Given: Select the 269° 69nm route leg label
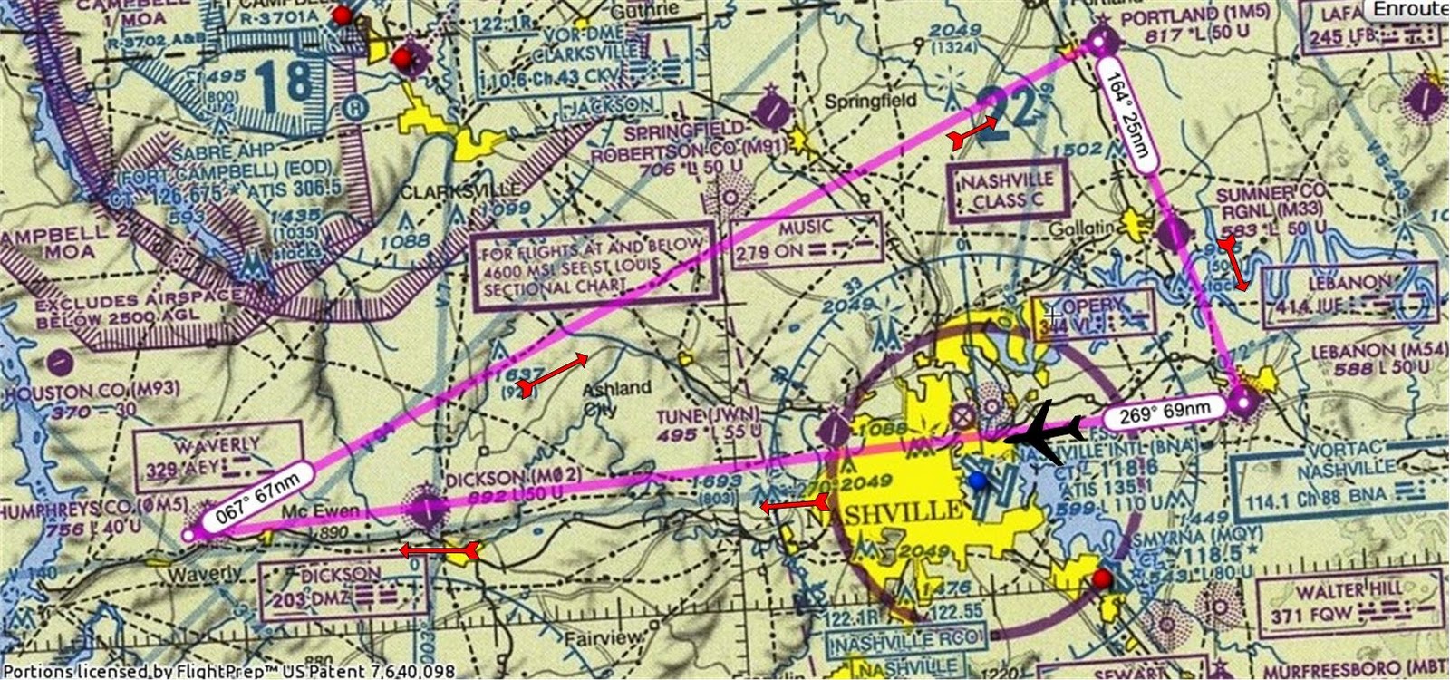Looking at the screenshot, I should click(x=1165, y=413).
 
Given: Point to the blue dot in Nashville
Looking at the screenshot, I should click(x=976, y=480).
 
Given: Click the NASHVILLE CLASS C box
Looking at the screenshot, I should click(x=1008, y=191).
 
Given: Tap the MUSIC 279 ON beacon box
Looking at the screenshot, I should click(x=806, y=238).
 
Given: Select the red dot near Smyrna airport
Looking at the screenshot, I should click(x=1100, y=578).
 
